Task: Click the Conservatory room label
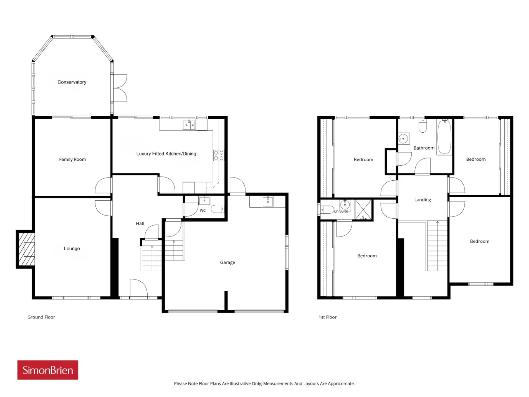click(x=72, y=82)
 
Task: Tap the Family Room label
click(x=73, y=159)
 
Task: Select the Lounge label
click(x=72, y=249)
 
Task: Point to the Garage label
click(x=227, y=262)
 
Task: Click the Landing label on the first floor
click(x=422, y=200)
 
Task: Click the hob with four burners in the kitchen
click(x=219, y=155)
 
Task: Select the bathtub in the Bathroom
click(x=444, y=137)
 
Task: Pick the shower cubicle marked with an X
click(x=363, y=210)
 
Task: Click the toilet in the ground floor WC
click(x=218, y=209)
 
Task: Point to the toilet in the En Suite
click(x=326, y=210)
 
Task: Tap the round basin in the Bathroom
click(x=403, y=139)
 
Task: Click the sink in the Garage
click(x=267, y=201)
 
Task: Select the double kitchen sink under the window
click(x=189, y=125)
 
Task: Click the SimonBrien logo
click(x=48, y=370)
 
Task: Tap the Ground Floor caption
click(x=41, y=317)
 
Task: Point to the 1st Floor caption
click(x=327, y=317)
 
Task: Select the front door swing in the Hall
click(x=138, y=288)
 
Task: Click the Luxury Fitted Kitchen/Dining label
click(x=166, y=154)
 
